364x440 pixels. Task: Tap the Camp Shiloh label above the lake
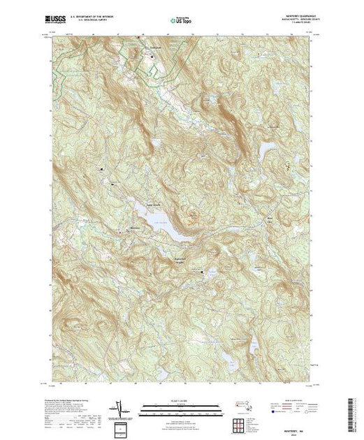coord(154,205)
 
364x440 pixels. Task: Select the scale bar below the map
coord(181,407)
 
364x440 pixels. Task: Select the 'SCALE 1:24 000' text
coord(181,400)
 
